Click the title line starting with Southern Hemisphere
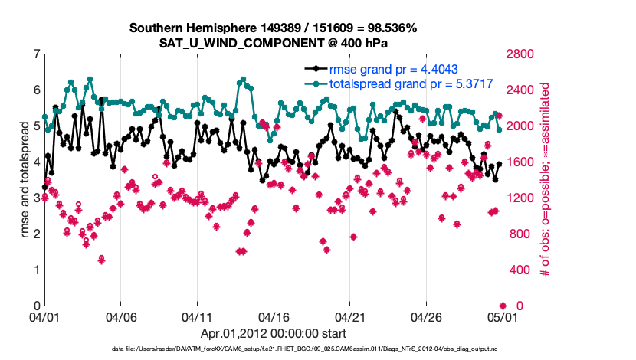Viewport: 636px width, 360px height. (273, 28)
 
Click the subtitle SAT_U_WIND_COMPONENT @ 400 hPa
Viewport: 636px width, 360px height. (273, 43)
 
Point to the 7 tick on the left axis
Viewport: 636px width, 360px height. (37, 54)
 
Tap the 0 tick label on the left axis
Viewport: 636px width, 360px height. (37, 306)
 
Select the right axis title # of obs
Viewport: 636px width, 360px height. (546, 179)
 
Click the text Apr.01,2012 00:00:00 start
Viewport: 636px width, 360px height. (273, 333)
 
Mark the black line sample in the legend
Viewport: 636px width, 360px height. (315, 68)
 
